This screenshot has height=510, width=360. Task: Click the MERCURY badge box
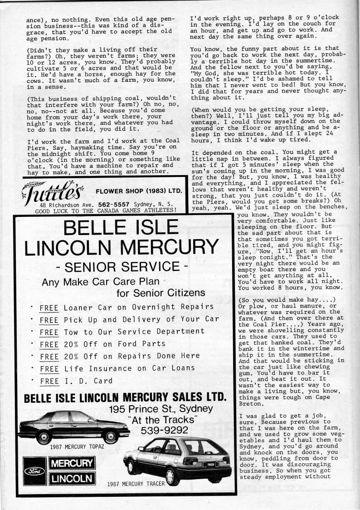point(72,464)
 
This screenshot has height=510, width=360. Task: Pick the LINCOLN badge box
point(72,478)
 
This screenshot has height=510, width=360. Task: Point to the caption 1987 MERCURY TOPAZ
point(77,447)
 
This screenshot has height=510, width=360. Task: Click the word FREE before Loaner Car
point(49,307)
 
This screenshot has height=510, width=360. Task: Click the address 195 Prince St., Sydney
point(161,408)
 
